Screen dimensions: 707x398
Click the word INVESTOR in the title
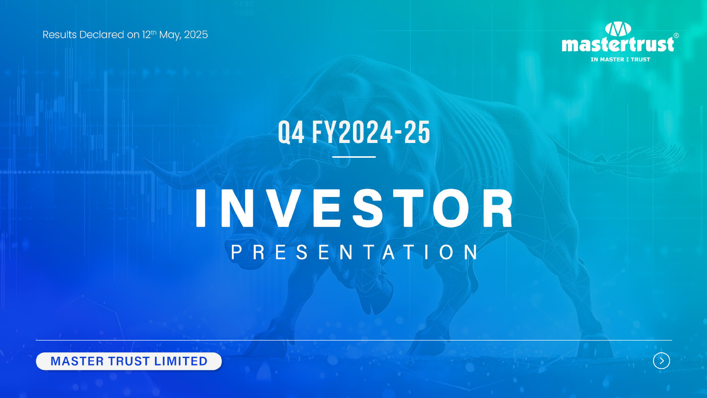(354, 208)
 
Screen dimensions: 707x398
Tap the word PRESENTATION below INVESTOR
(354, 252)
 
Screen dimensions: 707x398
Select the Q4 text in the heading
(291, 133)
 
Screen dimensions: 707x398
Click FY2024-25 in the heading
(371, 132)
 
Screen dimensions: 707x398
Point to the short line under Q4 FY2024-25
(354, 157)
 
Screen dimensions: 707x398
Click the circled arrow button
(661, 361)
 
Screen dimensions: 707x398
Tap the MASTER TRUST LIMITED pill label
(129, 361)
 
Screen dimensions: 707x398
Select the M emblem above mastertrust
(618, 29)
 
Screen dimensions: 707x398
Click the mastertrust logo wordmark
(618, 44)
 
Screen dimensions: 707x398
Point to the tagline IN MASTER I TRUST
(620, 59)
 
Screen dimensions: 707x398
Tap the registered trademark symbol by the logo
(676, 36)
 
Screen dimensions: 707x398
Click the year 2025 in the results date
(196, 35)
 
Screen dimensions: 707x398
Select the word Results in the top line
(60, 35)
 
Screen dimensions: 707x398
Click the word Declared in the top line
(102, 35)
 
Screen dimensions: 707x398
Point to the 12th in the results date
(149, 34)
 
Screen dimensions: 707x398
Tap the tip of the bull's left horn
(144, 160)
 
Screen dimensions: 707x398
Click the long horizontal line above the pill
(354, 340)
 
